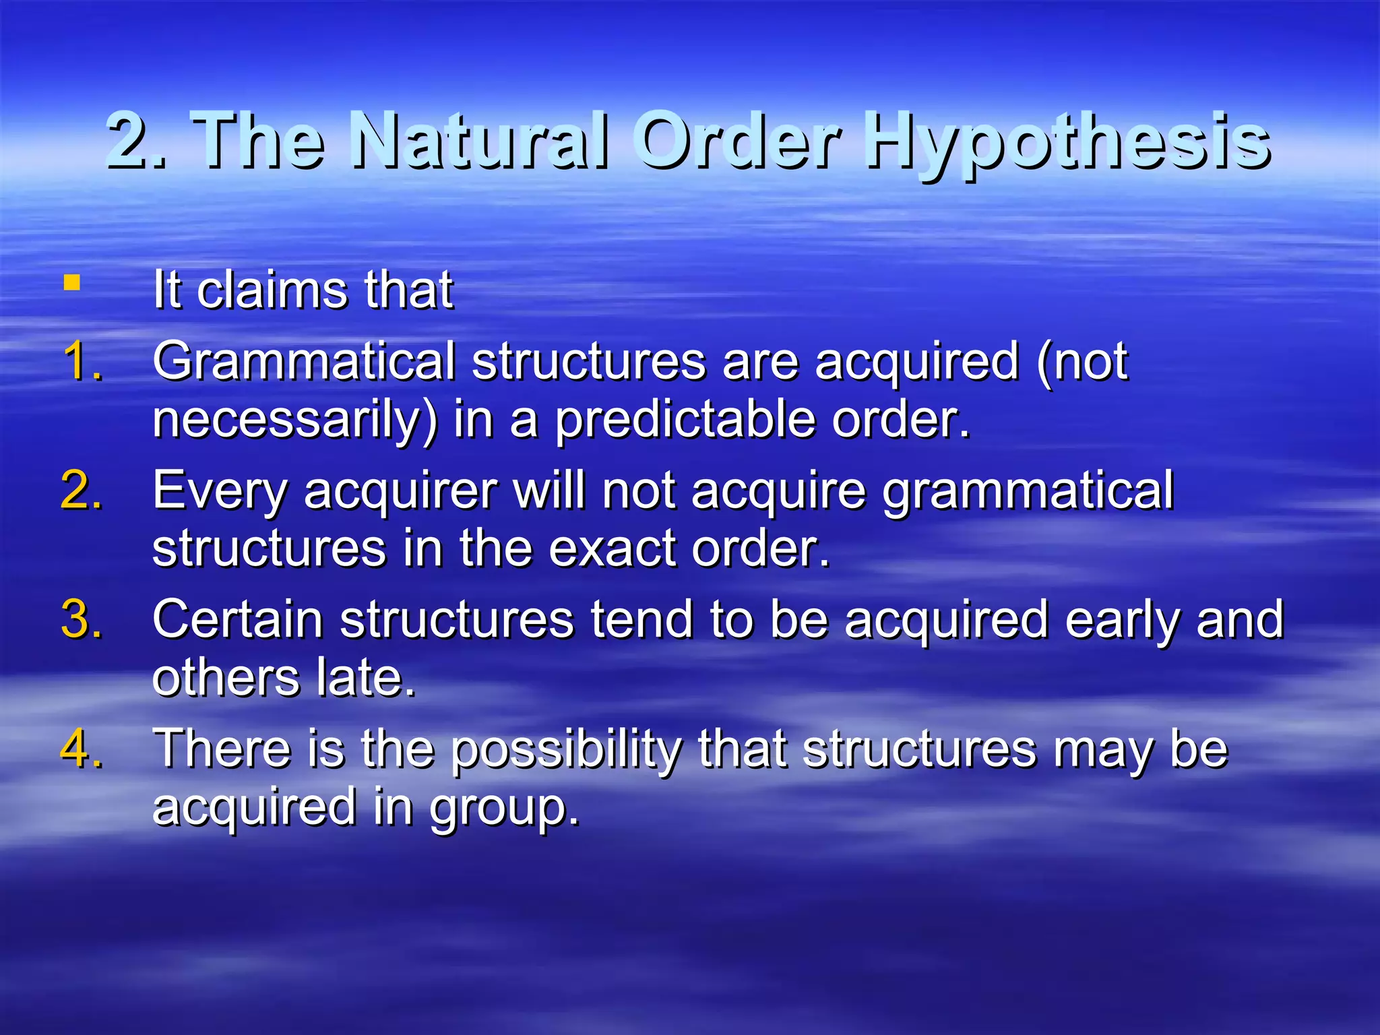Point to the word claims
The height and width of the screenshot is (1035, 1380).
pyautogui.click(x=272, y=290)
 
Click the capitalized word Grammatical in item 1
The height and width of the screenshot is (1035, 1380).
pyautogui.click(x=304, y=363)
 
